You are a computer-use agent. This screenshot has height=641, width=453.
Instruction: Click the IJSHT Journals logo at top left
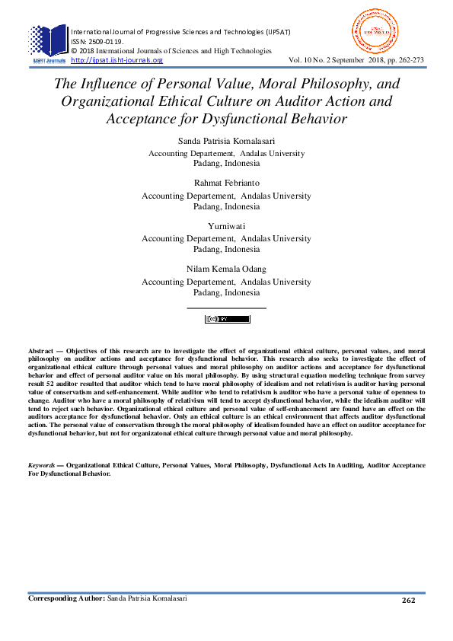[48, 43]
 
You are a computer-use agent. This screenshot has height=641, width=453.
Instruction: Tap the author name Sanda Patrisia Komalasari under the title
[226, 142]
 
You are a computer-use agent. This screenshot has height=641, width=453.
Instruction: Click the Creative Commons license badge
[227, 319]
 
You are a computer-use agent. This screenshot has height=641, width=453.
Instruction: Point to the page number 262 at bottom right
[408, 601]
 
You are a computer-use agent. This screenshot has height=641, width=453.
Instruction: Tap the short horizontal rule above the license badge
[226, 308]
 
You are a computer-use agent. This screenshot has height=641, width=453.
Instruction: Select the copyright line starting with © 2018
[171, 50]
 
